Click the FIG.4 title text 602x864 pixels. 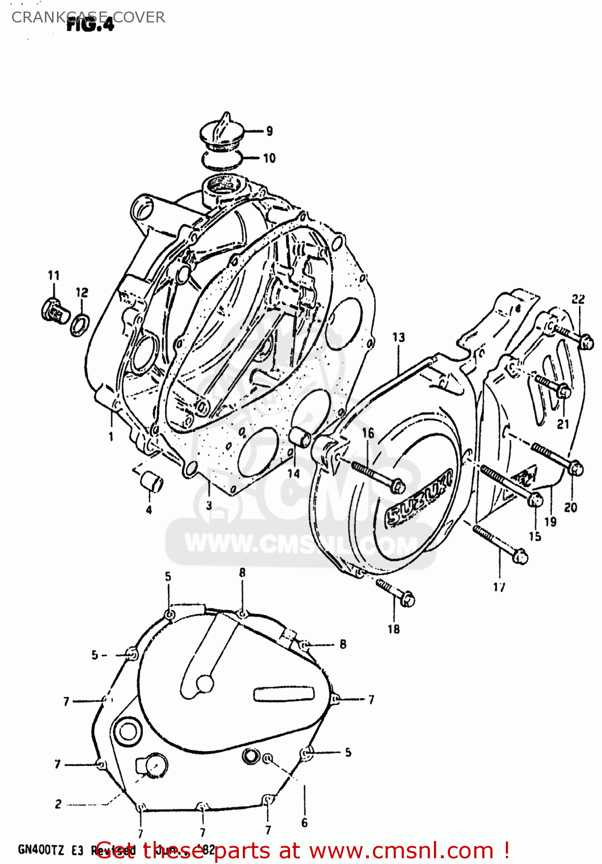point(90,24)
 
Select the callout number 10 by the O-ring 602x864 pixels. point(269,158)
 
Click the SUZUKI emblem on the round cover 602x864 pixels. point(418,498)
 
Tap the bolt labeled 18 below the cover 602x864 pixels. point(397,593)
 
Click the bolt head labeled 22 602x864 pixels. point(586,342)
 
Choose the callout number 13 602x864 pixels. point(398,338)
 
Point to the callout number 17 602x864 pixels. point(499,587)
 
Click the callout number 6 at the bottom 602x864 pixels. point(304,823)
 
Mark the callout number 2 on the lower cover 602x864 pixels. point(58,804)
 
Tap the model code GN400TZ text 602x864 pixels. point(41,850)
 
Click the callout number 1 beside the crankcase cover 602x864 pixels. point(111,437)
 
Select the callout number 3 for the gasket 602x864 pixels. point(209,505)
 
